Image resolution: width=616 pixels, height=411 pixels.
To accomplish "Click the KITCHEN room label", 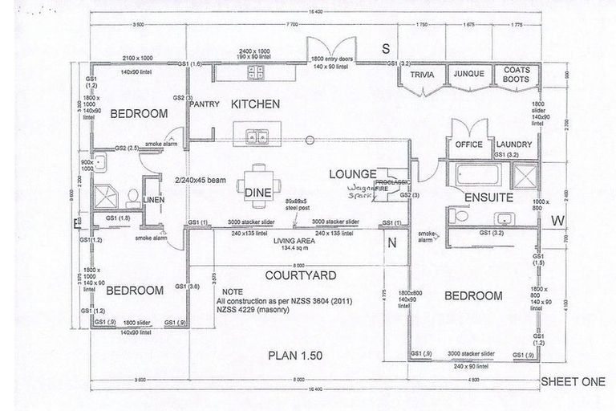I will pos(255,104).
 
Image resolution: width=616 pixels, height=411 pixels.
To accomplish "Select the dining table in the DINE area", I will pos(257,179).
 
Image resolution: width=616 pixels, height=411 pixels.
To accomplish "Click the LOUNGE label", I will pos(350,173).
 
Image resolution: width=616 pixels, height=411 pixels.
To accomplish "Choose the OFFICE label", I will pos(468,145).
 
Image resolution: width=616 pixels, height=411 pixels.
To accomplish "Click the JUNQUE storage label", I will pos(468,75).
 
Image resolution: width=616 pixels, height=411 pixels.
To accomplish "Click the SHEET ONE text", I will pos(573,382).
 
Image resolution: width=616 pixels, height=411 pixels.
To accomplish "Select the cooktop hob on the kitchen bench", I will pos(256,74).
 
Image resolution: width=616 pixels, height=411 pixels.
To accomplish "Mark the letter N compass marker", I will pos(392,243).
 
